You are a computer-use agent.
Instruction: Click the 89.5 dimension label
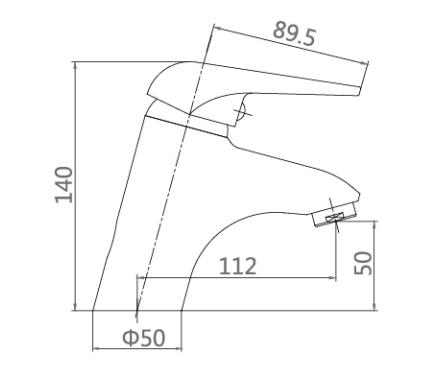pyautogui.click(x=294, y=34)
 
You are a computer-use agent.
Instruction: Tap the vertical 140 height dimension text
pyautogui.click(x=64, y=185)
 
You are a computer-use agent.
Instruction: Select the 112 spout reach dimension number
pyautogui.click(x=238, y=266)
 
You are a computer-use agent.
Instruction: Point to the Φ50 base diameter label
pyautogui.click(x=144, y=337)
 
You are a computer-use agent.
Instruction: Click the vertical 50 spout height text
pyautogui.click(x=363, y=263)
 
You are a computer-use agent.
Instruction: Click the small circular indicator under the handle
pyautogui.click(x=241, y=112)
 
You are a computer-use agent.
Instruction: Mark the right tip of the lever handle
pyautogui.click(x=360, y=91)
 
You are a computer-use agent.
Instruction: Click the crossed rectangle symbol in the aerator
pyautogui.click(x=335, y=218)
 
